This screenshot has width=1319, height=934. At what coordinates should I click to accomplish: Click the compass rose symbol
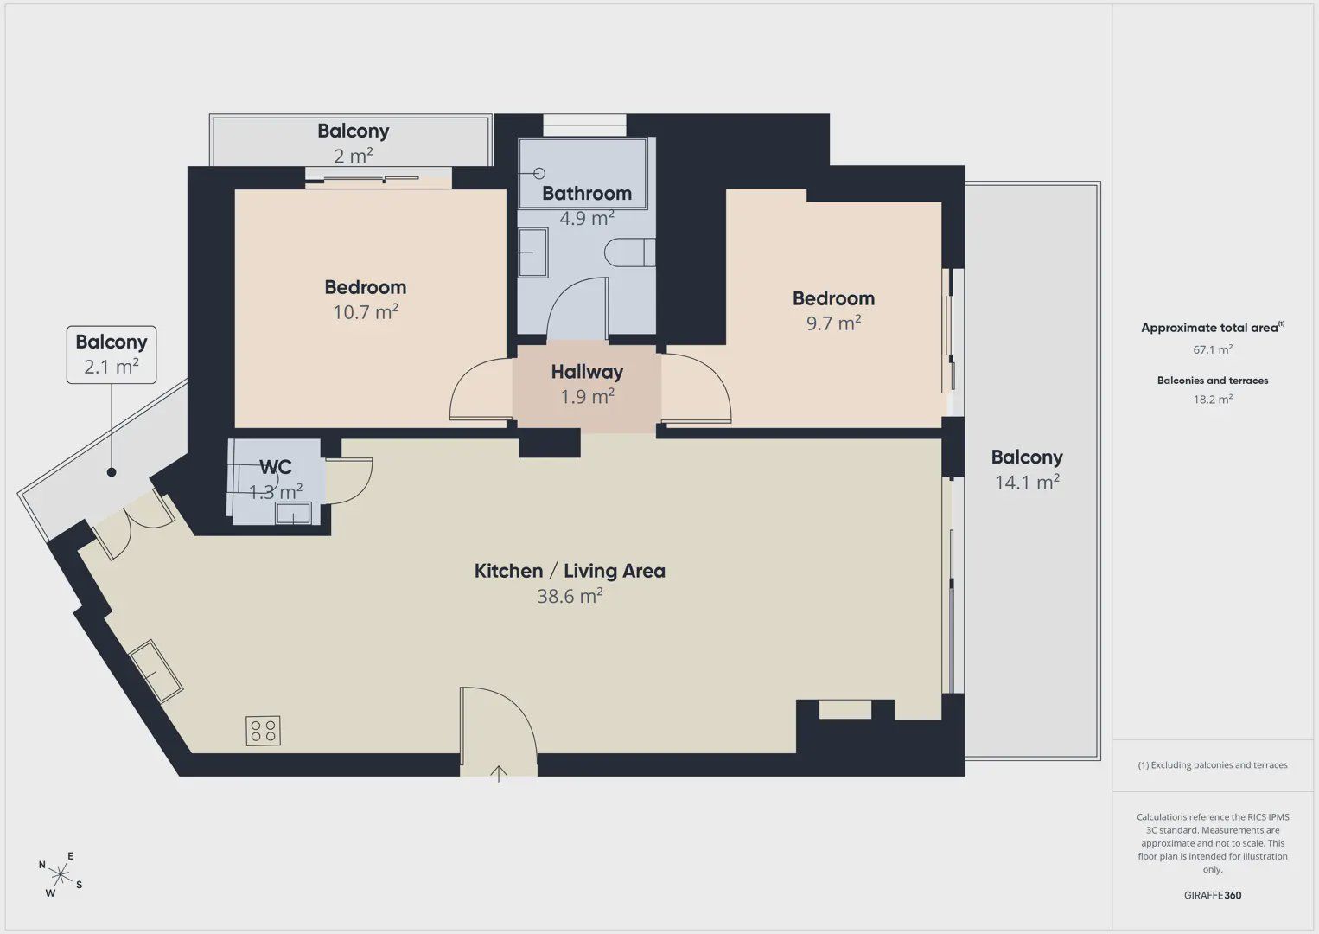60,875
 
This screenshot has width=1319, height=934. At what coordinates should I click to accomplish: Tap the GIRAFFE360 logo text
1213,895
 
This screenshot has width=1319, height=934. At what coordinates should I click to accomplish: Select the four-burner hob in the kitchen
264,731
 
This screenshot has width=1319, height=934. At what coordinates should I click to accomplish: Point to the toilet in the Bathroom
629,253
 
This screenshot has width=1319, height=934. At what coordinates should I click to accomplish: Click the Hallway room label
587,372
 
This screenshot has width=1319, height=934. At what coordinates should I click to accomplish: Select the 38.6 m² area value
570,596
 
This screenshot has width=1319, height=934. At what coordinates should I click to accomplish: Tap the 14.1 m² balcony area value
1027,482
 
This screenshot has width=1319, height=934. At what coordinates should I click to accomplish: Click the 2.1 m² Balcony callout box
112,355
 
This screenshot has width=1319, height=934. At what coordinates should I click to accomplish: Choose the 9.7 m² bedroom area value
833,323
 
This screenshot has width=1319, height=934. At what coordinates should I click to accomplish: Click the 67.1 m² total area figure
1213,349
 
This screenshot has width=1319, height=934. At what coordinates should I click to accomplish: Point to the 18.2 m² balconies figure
1213,399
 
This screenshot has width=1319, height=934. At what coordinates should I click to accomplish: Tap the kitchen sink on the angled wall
156,672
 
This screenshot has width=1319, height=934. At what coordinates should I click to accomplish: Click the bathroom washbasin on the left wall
533,253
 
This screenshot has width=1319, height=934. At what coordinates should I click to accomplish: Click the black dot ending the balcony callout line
112,472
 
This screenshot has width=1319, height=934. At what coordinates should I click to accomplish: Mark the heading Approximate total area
1213,327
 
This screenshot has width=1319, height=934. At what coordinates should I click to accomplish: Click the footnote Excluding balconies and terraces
1213,764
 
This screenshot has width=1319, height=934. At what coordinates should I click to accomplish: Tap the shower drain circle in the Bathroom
538,173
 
